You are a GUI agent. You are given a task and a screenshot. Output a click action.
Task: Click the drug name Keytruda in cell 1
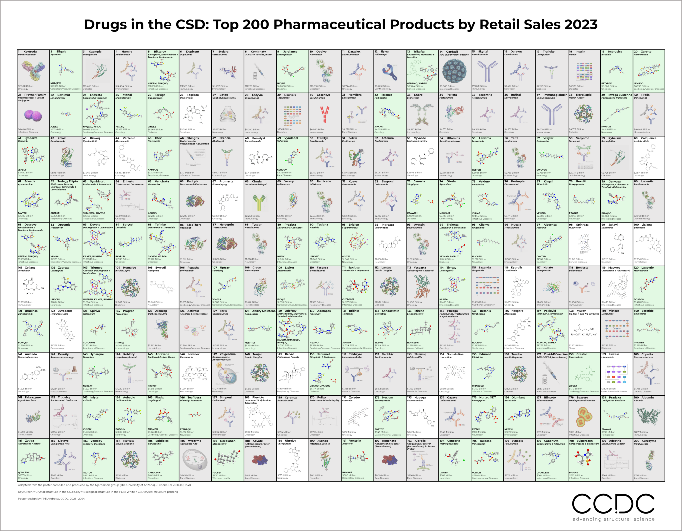click(x=30, y=52)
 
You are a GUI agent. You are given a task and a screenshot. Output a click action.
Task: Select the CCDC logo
click(x=613, y=504)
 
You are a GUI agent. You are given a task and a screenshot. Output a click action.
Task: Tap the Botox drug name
click(x=224, y=95)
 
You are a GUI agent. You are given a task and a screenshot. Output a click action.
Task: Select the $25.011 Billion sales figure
click(x=26, y=86)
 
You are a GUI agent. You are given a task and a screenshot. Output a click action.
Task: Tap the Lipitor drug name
click(x=289, y=268)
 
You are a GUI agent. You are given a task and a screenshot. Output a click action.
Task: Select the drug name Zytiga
click(x=29, y=441)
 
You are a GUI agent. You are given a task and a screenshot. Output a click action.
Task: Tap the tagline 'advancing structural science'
click(x=613, y=519)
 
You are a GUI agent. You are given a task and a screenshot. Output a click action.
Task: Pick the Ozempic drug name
click(x=95, y=52)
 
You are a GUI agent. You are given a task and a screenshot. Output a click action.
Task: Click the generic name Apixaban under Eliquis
click(x=56, y=55)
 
